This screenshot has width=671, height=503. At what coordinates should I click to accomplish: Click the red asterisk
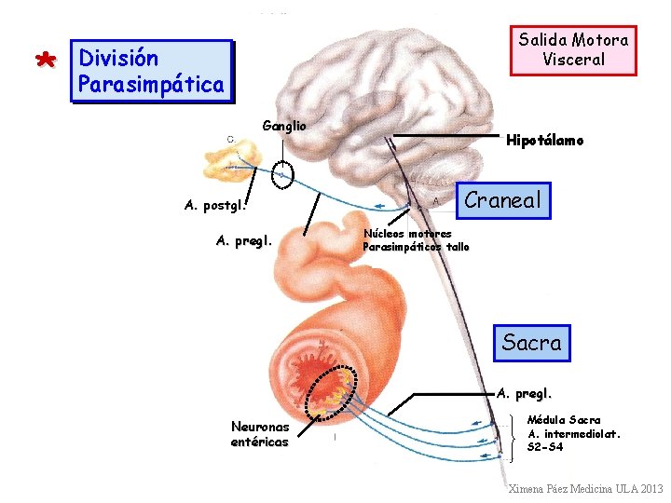[44, 61]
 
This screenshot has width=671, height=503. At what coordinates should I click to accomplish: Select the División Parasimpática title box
[151, 71]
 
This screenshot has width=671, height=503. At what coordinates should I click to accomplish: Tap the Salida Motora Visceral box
[573, 49]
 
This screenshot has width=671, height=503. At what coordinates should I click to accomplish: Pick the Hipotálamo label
[545, 141]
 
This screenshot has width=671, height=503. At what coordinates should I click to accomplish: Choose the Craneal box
[502, 200]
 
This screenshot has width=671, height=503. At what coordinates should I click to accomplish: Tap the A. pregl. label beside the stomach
[244, 240]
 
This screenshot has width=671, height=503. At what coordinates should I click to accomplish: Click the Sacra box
[531, 343]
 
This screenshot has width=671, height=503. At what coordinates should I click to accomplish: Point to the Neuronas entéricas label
[260, 434]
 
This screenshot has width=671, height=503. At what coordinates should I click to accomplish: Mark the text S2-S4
[545, 447]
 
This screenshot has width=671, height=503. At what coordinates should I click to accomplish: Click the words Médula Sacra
[564, 420]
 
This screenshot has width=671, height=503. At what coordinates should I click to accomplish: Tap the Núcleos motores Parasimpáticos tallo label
[416, 240]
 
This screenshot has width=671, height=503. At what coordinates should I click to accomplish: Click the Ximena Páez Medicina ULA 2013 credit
[584, 488]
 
